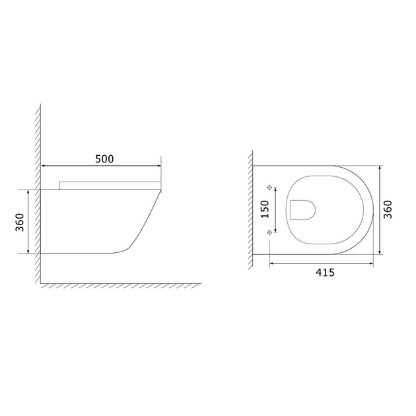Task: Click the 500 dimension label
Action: coord(104,158)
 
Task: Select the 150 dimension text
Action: coord(264,209)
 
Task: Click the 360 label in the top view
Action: coord(390,209)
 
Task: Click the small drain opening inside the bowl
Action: coord(302,209)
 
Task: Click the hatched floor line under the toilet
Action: coord(119,285)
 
